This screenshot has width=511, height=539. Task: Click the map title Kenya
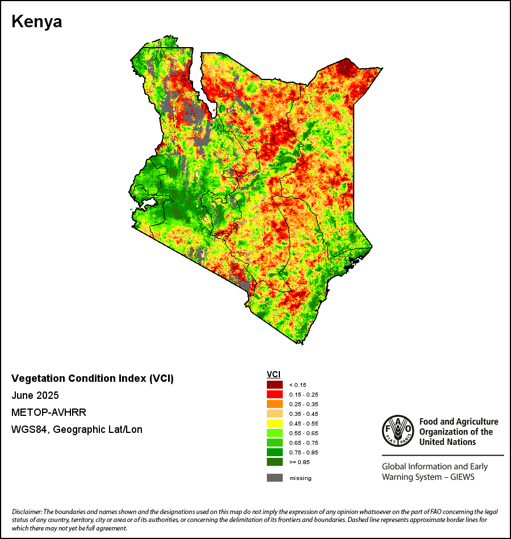37,22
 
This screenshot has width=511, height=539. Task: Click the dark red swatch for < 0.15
275,385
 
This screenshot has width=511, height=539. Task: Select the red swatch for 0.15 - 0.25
275,394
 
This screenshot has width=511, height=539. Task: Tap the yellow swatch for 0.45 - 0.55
275,423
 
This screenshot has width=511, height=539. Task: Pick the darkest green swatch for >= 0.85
275,462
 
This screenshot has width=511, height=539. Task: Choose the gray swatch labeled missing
275,478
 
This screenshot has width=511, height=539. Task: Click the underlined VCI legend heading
274,374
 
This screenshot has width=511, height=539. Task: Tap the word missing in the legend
300,478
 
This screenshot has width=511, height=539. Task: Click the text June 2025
35,395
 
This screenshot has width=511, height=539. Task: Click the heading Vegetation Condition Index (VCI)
93,378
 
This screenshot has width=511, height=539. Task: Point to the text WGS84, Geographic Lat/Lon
77,429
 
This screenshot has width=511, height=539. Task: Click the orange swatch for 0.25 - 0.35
275,404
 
